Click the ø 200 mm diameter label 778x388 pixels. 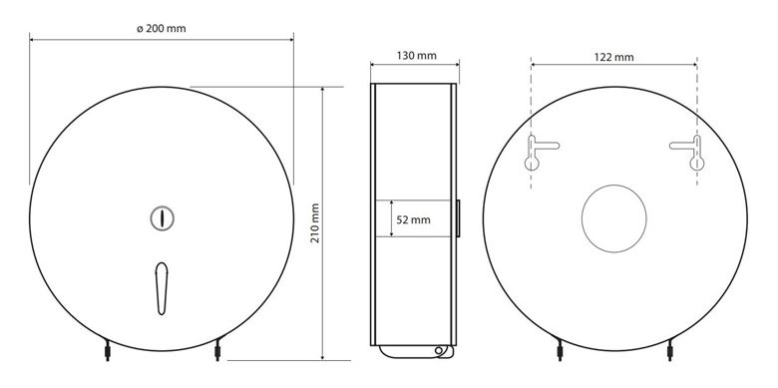coord(162,29)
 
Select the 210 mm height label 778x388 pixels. coord(314,222)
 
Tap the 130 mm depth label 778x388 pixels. coord(416,56)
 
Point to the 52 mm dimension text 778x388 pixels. coord(413,219)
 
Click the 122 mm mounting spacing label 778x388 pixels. coord(613,57)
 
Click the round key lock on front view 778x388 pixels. coord(163,218)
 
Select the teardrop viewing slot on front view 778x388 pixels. coord(162,288)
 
